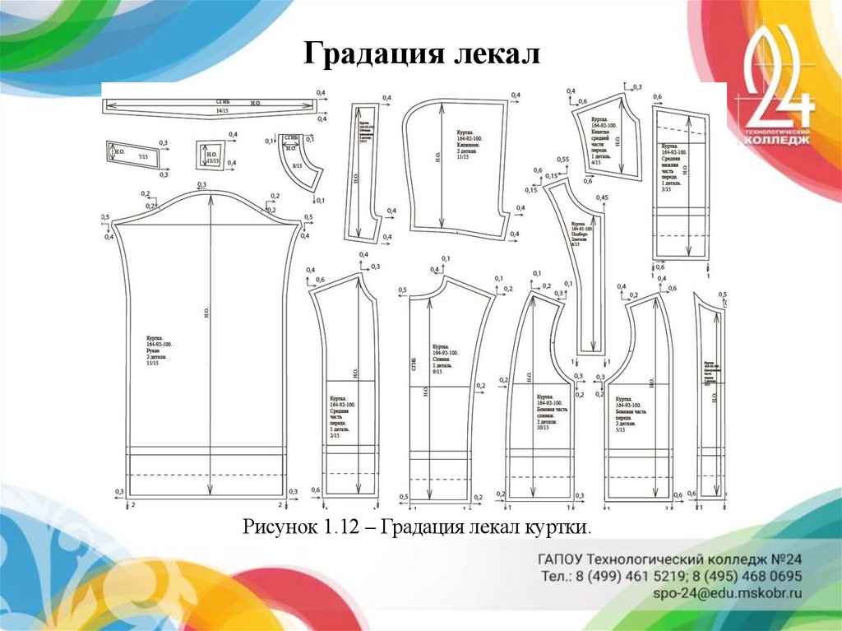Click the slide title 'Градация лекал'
coord(422,55)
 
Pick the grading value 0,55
coord(562,160)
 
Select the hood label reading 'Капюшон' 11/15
coord(470,145)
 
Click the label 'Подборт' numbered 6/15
coord(578,234)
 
